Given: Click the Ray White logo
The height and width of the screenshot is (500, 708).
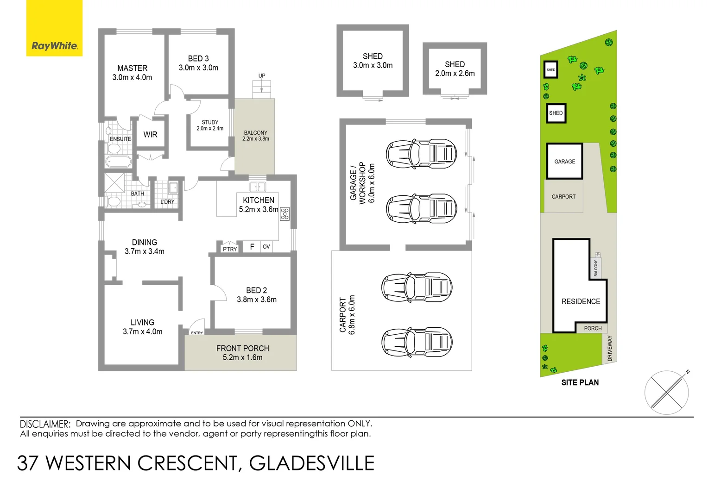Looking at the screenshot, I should (54, 45).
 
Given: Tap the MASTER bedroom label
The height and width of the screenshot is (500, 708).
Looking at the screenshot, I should (132, 68).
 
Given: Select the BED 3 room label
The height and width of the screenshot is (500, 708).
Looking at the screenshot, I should (198, 59).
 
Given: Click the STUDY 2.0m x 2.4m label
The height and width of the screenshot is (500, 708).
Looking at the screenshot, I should (210, 125).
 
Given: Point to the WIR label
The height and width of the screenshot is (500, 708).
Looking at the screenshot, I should (150, 135).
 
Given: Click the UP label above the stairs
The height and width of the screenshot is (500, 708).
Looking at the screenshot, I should (262, 75).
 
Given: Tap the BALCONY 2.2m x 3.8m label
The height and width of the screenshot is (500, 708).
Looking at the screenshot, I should (256, 136).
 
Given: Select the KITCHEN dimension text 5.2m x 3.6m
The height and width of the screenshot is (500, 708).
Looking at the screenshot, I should (259, 210).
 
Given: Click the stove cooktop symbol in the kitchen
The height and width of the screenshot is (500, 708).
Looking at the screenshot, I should (284, 213).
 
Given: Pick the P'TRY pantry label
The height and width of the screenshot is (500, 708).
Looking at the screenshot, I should (230, 249).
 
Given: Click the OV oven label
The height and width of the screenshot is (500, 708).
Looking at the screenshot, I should (266, 247).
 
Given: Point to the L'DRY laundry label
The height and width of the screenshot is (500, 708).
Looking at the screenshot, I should (167, 202).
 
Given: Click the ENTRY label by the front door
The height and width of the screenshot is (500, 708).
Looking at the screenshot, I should (197, 333).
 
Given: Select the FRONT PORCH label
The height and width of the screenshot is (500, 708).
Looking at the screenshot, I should (242, 348).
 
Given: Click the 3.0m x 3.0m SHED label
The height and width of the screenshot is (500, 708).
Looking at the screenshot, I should (373, 61).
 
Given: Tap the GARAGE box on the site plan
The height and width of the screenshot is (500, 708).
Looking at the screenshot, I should (564, 161).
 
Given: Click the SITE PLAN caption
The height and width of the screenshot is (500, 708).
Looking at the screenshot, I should (580, 382).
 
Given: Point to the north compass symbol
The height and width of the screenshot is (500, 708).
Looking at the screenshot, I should (667, 392).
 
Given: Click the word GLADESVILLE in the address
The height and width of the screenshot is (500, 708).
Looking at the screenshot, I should (311, 463).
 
